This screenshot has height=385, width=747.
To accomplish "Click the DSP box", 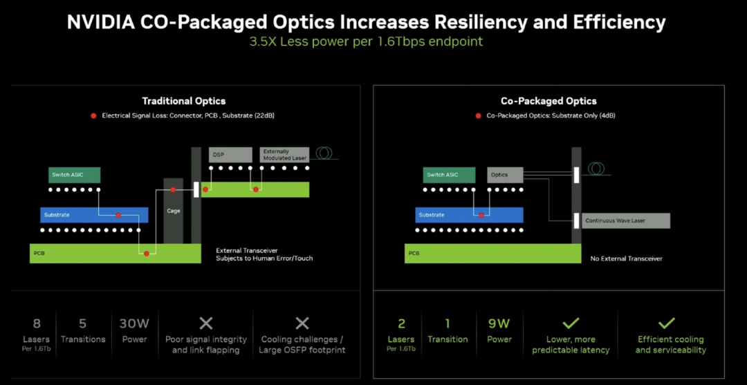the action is pos(230,155).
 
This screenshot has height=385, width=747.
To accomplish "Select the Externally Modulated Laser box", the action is pos(284,155).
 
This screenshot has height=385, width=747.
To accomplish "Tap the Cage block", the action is pos(174,211).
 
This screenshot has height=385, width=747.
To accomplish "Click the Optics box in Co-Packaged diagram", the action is pos(505,175).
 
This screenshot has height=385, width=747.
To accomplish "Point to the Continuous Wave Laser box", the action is pos(626,220).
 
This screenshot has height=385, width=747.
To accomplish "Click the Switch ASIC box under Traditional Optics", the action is pos(74,175).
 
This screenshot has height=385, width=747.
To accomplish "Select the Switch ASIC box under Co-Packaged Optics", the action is pos(450,175).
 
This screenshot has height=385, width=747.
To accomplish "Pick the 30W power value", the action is pos(134,324).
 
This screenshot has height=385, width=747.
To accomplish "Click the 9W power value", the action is pos(499,324).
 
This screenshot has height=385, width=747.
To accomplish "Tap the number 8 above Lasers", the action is pos(37,324).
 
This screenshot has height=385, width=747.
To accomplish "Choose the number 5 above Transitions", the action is pos(82,324).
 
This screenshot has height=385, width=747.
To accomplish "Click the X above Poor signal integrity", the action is pos(206,324).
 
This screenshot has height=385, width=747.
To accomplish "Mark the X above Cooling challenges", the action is pos(302,324).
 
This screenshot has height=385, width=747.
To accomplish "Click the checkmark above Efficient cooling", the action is pos(667,323).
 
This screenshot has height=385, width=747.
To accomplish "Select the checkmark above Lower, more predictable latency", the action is pos(571,323).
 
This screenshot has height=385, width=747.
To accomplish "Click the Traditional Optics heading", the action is pos(184,101).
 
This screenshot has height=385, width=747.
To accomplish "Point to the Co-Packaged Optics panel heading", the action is pos(548,101).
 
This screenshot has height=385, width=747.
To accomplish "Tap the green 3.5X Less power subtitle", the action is pos(367,41).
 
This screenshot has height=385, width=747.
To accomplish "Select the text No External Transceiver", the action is pos(627,259).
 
